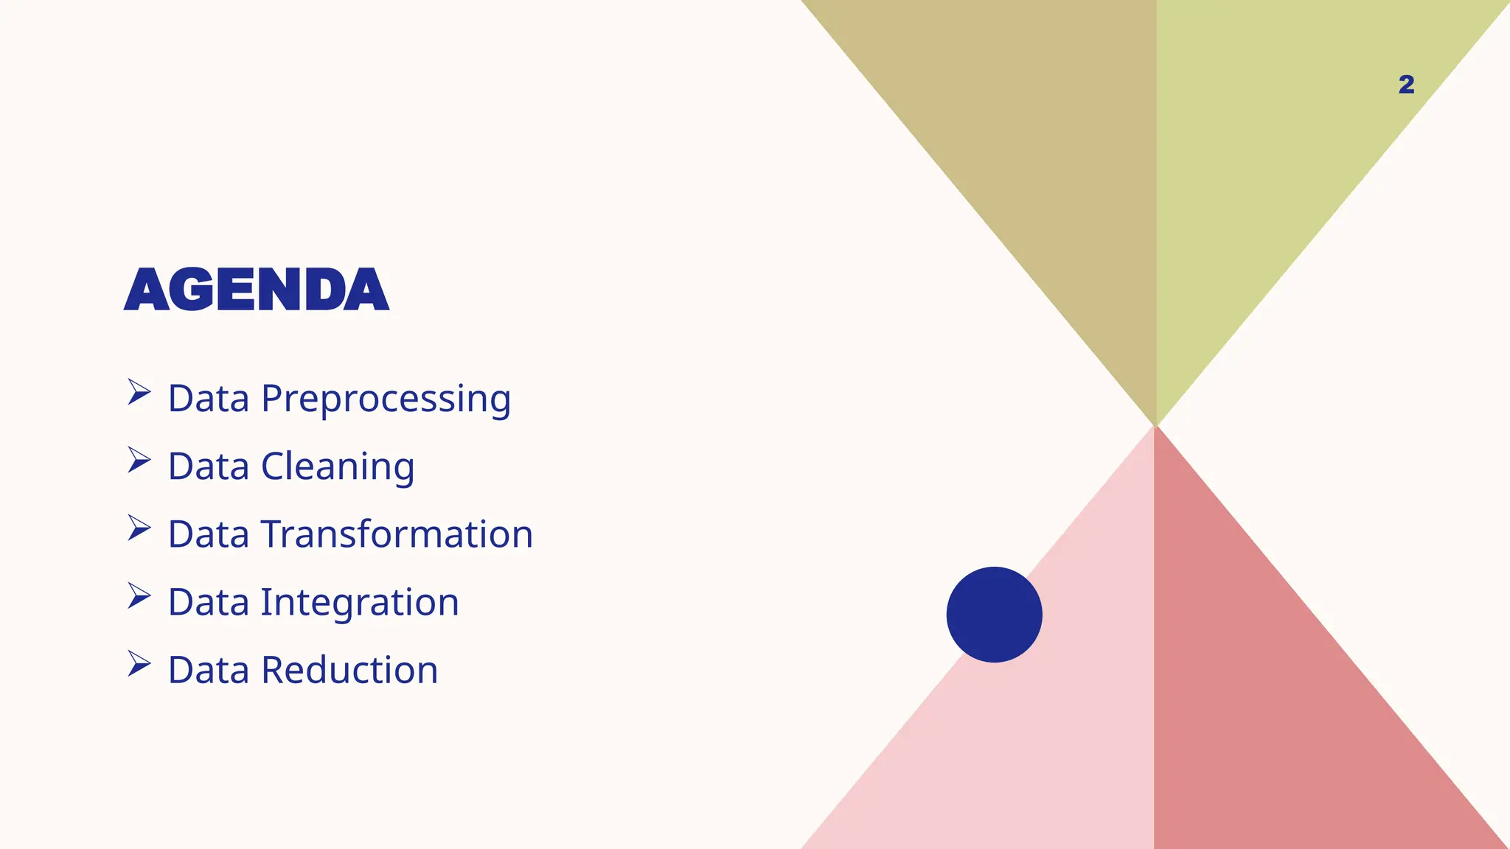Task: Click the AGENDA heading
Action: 256,290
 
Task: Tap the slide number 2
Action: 1406,85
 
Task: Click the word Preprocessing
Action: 386,399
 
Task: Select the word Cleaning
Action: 338,467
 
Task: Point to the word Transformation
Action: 397,534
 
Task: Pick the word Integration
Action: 360,603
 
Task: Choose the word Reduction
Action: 349,671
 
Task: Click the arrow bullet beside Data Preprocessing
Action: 139,392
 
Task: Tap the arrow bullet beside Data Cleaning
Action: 139,460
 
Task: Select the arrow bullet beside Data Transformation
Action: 139,528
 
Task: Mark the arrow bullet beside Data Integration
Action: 139,595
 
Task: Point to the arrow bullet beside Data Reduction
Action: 139,663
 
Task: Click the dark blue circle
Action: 994,615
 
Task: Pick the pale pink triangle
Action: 1047,737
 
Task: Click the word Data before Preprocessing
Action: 209,399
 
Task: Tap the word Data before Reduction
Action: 209,671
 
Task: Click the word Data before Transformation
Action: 209,534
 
